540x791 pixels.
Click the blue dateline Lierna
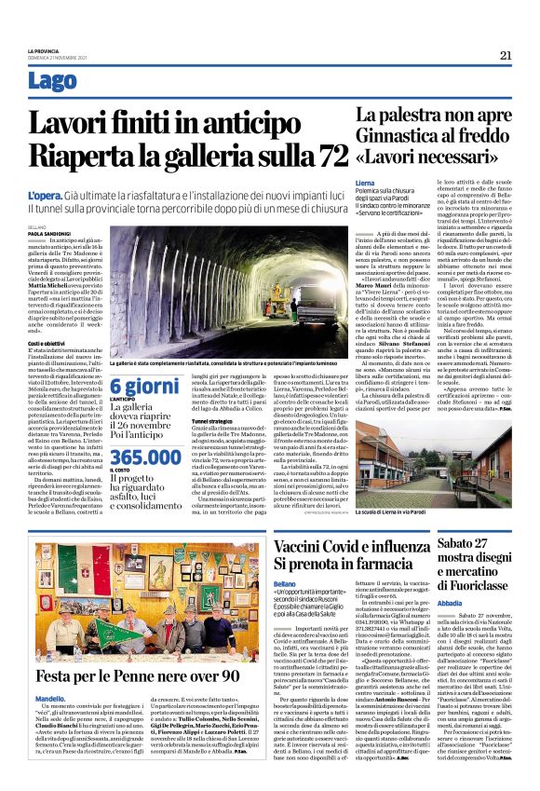[x=365, y=184]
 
